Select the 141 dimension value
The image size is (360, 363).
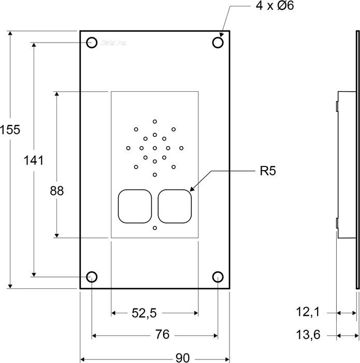coord(34,160)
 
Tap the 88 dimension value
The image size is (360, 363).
coord(56,191)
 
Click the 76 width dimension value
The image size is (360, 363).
coord(162,335)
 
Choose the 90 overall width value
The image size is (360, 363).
coord(182,358)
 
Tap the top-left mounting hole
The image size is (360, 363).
coord(92,43)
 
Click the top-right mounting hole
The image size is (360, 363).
coord(218,43)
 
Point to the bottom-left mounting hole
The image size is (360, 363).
coord(92,276)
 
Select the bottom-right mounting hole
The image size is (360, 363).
coord(218,276)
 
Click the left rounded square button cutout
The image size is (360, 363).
coord(135,206)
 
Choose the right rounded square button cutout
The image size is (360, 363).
coord(175,206)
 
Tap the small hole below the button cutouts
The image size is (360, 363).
coord(155,228)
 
